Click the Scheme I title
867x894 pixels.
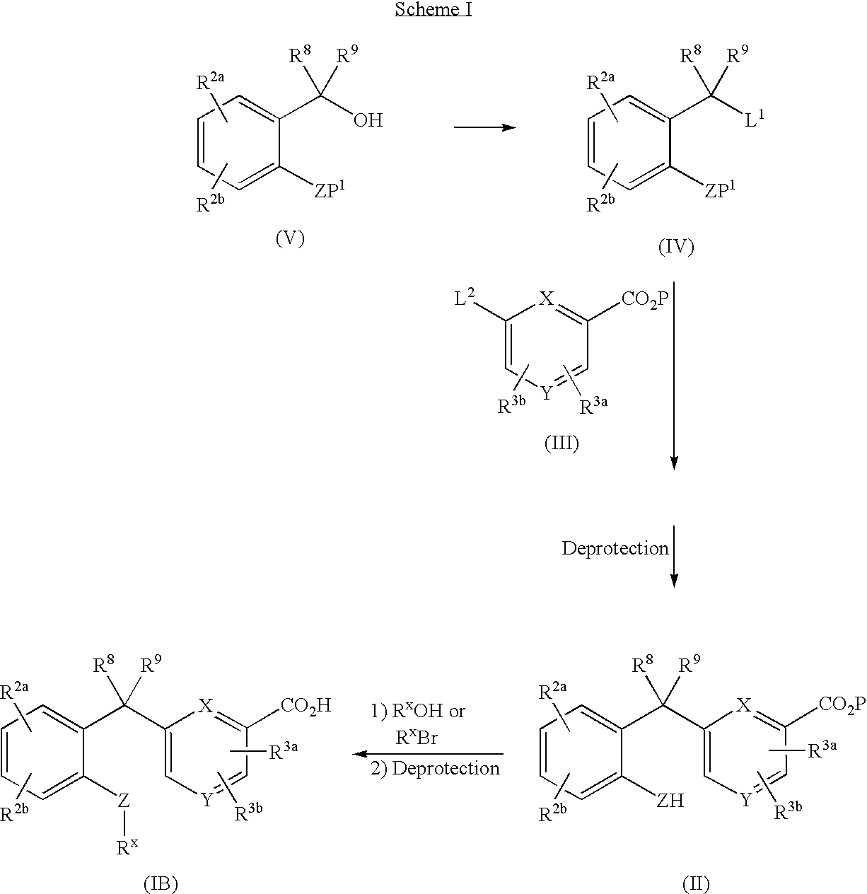(x=433, y=8)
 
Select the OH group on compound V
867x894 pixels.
(x=368, y=120)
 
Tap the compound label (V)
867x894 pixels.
(x=291, y=238)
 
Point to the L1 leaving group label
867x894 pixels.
(x=755, y=119)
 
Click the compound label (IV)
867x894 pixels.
(x=676, y=247)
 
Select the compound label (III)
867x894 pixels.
(x=561, y=443)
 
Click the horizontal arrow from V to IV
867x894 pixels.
(x=485, y=127)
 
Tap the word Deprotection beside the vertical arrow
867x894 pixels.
(x=615, y=548)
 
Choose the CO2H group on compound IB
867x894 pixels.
(x=306, y=706)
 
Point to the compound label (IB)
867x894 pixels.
(x=161, y=883)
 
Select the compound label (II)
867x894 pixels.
(x=696, y=883)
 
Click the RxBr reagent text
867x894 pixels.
(x=417, y=738)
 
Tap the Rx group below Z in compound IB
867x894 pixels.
(x=127, y=847)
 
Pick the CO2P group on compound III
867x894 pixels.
(x=645, y=299)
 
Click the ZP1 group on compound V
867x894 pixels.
(x=329, y=189)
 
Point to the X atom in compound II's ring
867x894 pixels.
(x=744, y=705)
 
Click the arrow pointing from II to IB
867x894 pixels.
(x=428, y=754)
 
